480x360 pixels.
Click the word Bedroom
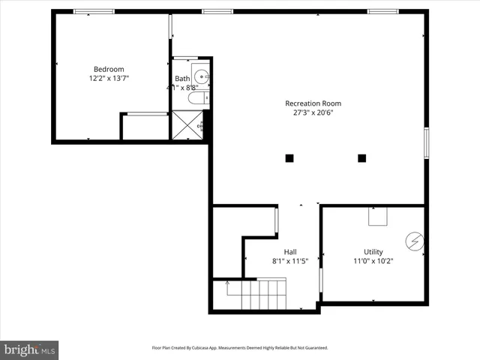pos(109,69)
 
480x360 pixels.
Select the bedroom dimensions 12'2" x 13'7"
pos(109,78)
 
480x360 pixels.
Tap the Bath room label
pos(182,79)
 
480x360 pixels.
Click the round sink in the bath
pos(200,75)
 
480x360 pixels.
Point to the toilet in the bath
pos(196,98)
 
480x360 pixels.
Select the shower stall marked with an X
pos(187,124)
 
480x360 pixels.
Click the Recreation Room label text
pos(313,103)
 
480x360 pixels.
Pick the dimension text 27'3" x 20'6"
pos(313,113)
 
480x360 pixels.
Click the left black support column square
pos(289,157)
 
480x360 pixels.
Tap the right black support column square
pos(361,157)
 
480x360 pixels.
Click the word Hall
pos(289,252)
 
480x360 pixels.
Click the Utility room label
pos(373,252)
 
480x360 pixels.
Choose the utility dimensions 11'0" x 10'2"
pos(373,261)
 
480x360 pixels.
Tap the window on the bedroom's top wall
pos(94,11)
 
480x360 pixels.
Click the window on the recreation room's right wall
pos(426,142)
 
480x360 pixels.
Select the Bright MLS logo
pos(30,349)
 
